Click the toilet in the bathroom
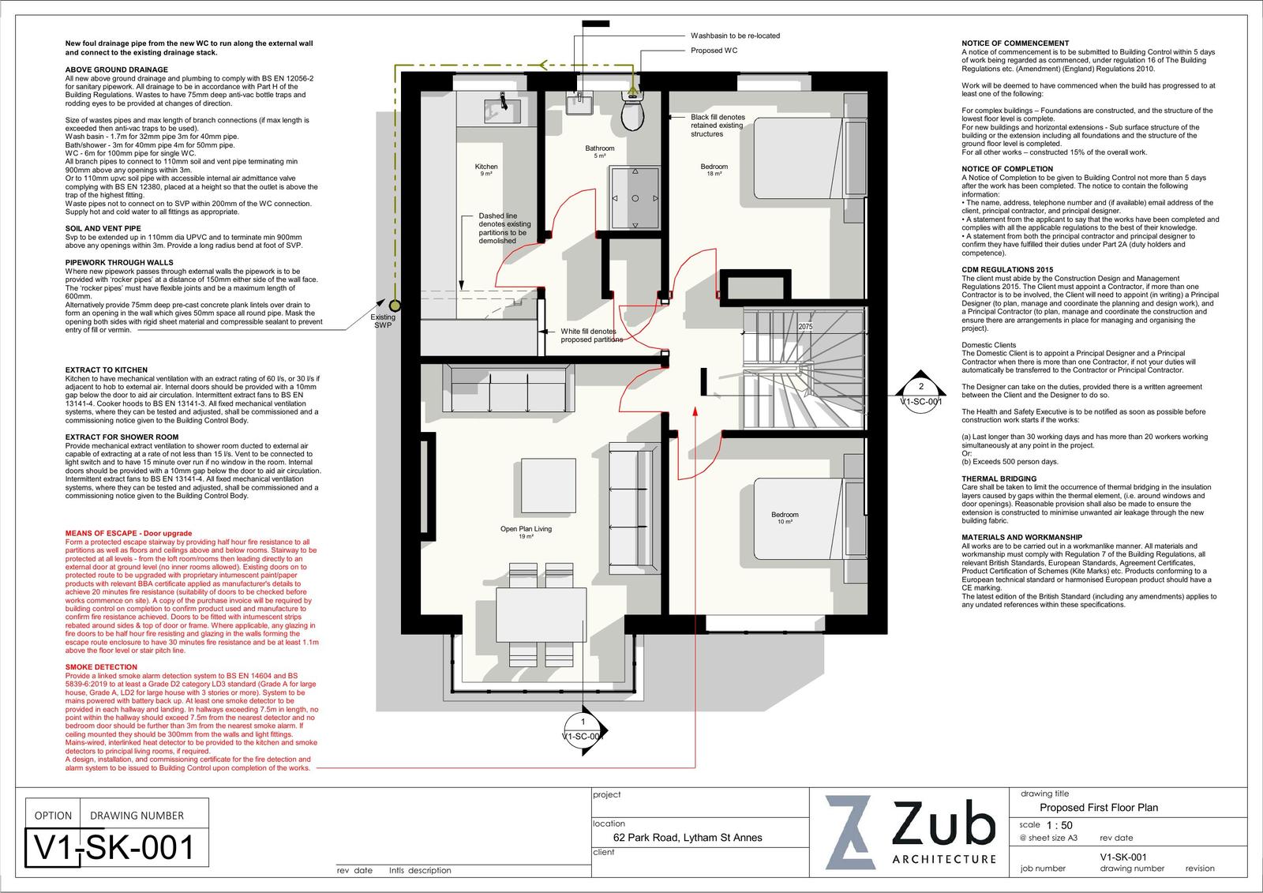632,111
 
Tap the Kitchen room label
486,167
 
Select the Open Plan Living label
526,528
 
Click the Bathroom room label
600,148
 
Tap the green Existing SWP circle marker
395,306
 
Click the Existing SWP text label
383,321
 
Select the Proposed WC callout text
714,51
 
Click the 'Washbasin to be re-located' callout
735,36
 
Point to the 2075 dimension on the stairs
805,327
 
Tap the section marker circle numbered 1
583,730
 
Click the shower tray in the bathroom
635,197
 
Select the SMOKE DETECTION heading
101,666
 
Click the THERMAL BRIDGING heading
999,478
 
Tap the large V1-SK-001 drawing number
114,847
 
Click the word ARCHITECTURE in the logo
944,859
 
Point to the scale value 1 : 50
1059,825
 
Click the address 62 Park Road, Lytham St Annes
688,838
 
